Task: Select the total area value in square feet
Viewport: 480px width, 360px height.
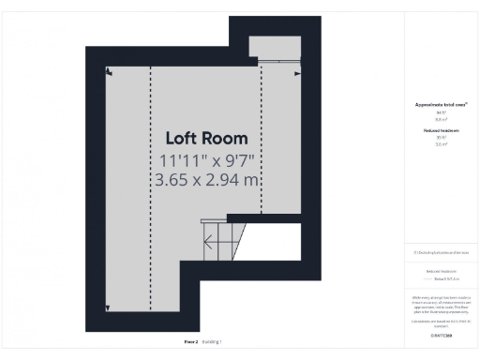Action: click(441, 112)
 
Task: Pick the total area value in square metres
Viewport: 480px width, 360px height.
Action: click(441, 119)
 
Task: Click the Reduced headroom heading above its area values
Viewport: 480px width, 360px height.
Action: click(441, 129)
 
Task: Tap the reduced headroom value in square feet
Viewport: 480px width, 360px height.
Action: click(441, 137)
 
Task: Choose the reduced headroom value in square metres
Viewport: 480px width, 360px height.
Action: click(441, 143)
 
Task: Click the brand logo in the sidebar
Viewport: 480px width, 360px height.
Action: click(441, 335)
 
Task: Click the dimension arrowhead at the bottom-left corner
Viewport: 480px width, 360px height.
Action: click(109, 308)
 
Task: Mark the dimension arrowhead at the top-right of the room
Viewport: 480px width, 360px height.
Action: click(297, 72)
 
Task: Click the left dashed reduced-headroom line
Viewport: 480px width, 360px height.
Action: click(150, 187)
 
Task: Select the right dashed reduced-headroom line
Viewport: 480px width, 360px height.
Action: click(261, 141)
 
